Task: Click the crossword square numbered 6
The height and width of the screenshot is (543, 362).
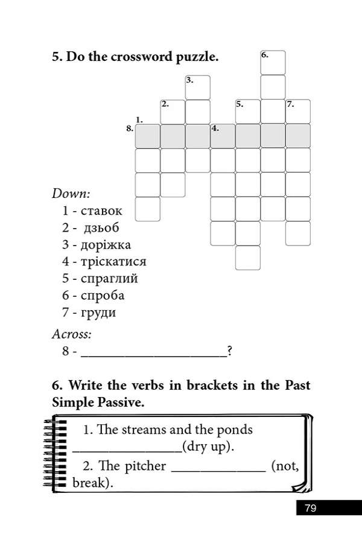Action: coord(273,63)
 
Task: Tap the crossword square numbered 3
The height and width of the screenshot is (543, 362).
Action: coord(198,87)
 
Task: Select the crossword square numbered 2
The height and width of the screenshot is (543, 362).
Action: coord(173,112)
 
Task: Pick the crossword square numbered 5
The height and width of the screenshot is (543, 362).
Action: coord(247,112)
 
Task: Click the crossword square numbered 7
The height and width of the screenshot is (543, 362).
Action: coord(298,112)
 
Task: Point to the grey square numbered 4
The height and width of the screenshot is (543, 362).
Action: coord(223,136)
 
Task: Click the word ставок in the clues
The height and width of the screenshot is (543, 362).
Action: coord(101,211)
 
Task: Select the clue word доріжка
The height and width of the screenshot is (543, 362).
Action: coord(106,244)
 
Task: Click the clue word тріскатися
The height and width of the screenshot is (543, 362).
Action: coord(113,261)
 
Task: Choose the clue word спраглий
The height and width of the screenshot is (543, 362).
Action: coord(109,278)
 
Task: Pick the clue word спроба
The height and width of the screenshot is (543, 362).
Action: coord(103,295)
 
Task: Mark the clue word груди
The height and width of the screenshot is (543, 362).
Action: coord(98,313)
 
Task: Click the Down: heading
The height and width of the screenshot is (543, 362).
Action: coord(71,194)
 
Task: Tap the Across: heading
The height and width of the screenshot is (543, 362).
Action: coord(72,333)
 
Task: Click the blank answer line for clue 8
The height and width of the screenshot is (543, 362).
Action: coord(154,352)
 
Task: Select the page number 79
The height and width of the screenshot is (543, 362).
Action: coord(310,508)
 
